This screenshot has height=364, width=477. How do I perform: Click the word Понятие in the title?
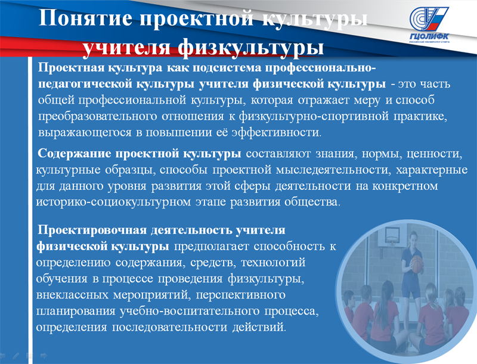click(x=86, y=18)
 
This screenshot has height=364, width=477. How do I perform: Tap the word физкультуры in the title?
click(x=250, y=48)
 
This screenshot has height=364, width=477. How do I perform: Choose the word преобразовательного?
click(x=98, y=116)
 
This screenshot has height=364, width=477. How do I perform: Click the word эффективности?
click(x=276, y=132)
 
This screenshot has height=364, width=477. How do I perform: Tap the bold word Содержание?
click(x=74, y=154)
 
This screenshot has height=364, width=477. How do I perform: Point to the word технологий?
click(x=273, y=262)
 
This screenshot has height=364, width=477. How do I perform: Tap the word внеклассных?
click(x=72, y=295)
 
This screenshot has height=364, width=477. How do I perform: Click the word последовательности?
click(x=169, y=327)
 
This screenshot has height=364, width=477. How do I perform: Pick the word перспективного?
click(x=241, y=295)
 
